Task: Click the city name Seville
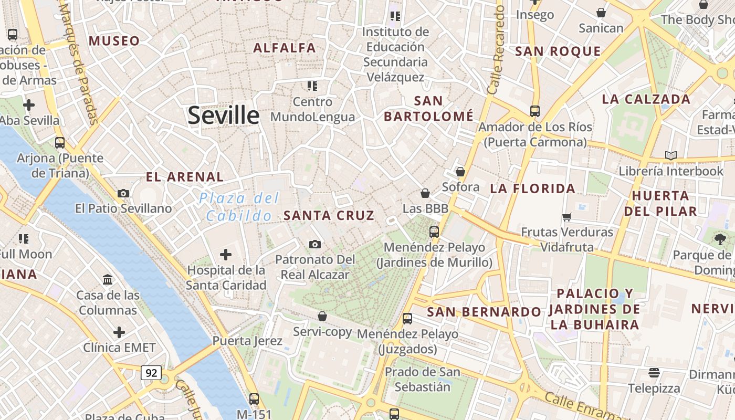click(x=224, y=115)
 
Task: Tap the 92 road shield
click(x=151, y=373)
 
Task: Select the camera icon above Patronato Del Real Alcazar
click(x=315, y=244)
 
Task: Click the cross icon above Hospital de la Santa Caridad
click(x=226, y=255)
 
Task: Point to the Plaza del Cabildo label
click(x=239, y=207)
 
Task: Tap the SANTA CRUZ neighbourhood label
click(x=329, y=215)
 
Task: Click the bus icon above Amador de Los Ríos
click(x=535, y=111)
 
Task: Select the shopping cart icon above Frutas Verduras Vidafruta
click(x=567, y=217)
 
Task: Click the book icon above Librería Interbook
click(x=670, y=155)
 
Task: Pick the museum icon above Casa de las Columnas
click(x=108, y=279)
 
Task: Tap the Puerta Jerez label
click(x=247, y=341)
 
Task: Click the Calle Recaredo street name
click(x=496, y=50)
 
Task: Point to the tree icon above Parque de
click(x=720, y=239)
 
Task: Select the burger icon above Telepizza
click(x=654, y=373)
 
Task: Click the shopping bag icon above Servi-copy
click(x=322, y=316)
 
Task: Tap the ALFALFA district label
click(x=285, y=48)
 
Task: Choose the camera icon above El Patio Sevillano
click(x=123, y=193)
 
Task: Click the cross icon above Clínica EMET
click(x=119, y=332)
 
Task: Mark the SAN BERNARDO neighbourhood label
click(x=484, y=312)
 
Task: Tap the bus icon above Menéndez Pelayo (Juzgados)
click(x=407, y=319)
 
